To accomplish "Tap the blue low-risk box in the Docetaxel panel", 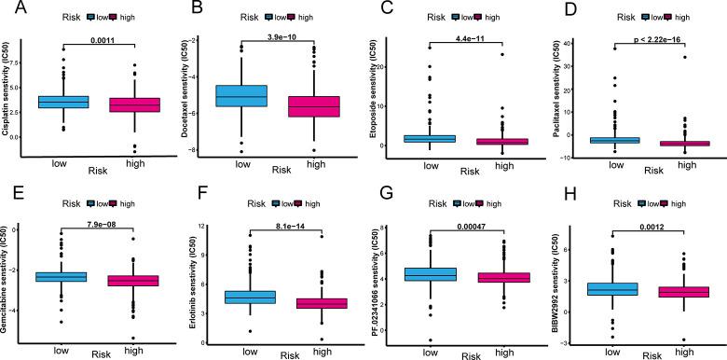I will pos(242,96).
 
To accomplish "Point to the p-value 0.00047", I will pos(465,222).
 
